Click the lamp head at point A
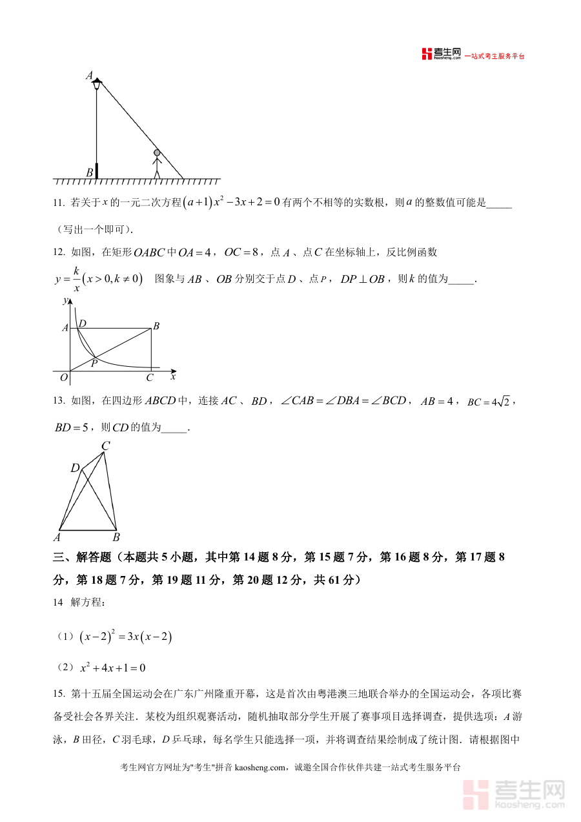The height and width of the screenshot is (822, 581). tap(97, 82)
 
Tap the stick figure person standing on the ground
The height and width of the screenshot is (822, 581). tap(156, 163)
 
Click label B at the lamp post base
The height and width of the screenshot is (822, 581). tap(89, 172)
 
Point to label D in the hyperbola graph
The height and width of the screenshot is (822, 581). tap(83, 323)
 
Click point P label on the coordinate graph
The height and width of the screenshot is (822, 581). tap(94, 364)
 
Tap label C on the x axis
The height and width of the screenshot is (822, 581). tap(150, 378)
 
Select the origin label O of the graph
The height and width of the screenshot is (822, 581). tap(64, 378)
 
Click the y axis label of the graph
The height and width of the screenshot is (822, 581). tap(65, 301)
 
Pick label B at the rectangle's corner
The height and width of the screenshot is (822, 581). tap(156, 327)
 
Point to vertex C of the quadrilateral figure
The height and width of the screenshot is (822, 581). tap(105, 446)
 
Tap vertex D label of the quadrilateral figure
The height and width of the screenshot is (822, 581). tap(75, 468)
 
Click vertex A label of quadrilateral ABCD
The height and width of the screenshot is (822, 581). tap(57, 537)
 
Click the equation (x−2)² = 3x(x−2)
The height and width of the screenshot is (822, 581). tap(126, 637)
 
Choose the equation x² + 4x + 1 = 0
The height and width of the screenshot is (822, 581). tap(112, 668)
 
